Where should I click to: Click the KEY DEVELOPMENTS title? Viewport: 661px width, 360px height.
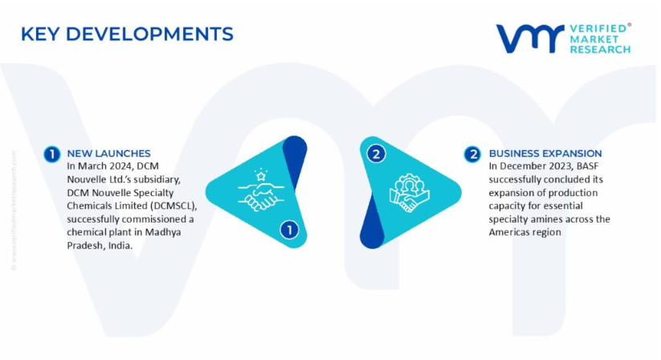[127, 34]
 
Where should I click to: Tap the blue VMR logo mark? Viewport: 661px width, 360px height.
[530, 39]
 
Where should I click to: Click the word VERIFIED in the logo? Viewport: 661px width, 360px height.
[598, 29]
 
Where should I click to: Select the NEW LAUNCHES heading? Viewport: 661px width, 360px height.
[108, 153]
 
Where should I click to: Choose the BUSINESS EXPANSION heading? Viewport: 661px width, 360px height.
[545, 153]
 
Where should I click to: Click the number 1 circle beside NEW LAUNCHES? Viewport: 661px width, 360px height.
[52, 154]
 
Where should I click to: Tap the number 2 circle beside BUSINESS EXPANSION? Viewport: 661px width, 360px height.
[472, 154]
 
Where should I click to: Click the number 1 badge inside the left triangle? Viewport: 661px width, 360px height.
[290, 230]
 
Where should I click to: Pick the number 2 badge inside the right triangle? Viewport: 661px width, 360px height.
[376, 153]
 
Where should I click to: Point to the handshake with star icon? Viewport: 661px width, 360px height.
[261, 190]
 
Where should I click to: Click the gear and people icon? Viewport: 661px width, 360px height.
[409, 193]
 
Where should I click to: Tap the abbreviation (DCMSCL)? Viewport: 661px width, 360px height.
[173, 207]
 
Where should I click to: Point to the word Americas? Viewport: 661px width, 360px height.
[506, 232]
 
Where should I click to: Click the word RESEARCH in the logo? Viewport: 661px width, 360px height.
[600, 50]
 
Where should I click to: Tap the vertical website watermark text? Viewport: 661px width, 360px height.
[14, 211]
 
